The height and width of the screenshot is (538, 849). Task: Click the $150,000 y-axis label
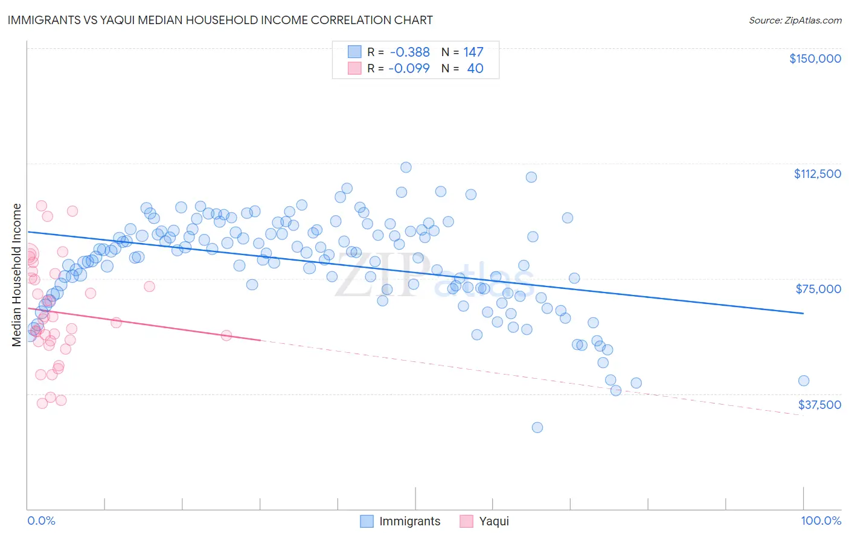click(x=815, y=59)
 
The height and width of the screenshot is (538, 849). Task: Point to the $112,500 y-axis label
click(x=817, y=174)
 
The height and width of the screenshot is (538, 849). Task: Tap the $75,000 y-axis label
click(x=818, y=289)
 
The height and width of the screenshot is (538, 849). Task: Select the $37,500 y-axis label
click(x=819, y=405)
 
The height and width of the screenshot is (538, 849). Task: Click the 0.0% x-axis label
click(x=41, y=521)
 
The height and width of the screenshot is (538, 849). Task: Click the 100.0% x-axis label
click(x=821, y=521)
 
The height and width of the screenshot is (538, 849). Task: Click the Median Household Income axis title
click(x=16, y=275)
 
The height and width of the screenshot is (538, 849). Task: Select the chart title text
click(x=220, y=20)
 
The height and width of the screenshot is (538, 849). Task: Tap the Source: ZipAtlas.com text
click(x=795, y=21)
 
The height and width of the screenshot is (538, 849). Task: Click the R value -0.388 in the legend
click(x=409, y=52)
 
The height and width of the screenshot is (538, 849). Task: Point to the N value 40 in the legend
click(x=475, y=69)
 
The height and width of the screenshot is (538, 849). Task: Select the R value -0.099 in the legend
click(x=409, y=69)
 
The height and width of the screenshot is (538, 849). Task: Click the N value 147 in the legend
click(x=473, y=52)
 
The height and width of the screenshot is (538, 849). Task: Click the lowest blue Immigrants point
click(x=537, y=428)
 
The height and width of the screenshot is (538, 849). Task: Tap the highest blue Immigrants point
click(x=406, y=167)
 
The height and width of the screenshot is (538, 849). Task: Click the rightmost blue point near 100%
click(x=803, y=381)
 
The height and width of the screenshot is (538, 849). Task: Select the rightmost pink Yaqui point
click(x=226, y=335)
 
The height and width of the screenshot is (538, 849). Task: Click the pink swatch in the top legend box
click(x=354, y=69)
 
